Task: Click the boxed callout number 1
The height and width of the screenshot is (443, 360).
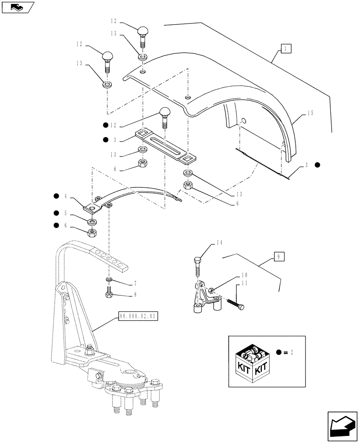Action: [286, 49]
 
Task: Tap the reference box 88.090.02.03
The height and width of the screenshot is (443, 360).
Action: [138, 316]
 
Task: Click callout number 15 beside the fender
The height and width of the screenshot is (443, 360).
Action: [310, 114]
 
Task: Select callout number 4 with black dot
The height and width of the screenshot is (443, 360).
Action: [65, 196]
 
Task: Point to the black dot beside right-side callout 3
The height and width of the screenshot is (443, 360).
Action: [317, 165]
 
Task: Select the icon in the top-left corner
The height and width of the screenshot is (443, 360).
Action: [17, 7]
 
